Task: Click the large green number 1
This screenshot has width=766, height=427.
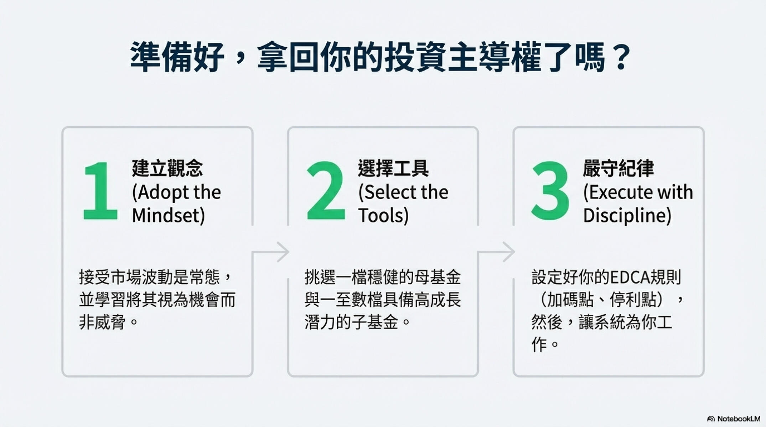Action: [100, 191]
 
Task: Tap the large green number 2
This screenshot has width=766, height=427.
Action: [326, 191]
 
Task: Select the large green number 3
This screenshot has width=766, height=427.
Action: [550, 191]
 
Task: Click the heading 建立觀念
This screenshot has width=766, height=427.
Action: [167, 168]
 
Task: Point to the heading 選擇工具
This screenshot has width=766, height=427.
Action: [393, 168]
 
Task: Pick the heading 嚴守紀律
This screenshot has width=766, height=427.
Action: [618, 168]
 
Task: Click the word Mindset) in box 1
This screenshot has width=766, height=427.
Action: [168, 216]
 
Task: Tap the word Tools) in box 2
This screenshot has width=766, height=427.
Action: [383, 216]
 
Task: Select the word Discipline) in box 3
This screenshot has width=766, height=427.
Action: [627, 216]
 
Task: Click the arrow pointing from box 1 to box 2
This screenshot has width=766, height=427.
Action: [282, 252]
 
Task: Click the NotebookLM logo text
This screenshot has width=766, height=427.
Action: [738, 419]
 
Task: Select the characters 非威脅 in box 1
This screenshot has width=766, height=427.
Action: [102, 323]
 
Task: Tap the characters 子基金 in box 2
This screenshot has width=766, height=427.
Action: [374, 323]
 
